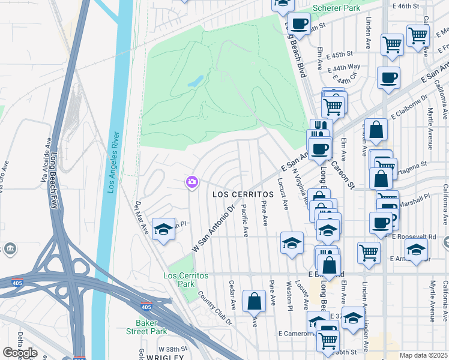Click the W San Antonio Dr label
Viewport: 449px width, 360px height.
pyautogui.click(x=213, y=229)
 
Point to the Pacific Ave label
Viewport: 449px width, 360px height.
pyautogui.click(x=244, y=219)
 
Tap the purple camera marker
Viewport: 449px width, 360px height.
pyautogui.click(x=192, y=181)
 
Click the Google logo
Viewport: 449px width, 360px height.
pyautogui.click(x=19, y=353)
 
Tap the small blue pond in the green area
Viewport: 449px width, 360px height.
pyautogui.click(x=196, y=82)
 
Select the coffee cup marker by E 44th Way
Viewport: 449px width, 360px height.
pyautogui.click(x=388, y=77)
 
